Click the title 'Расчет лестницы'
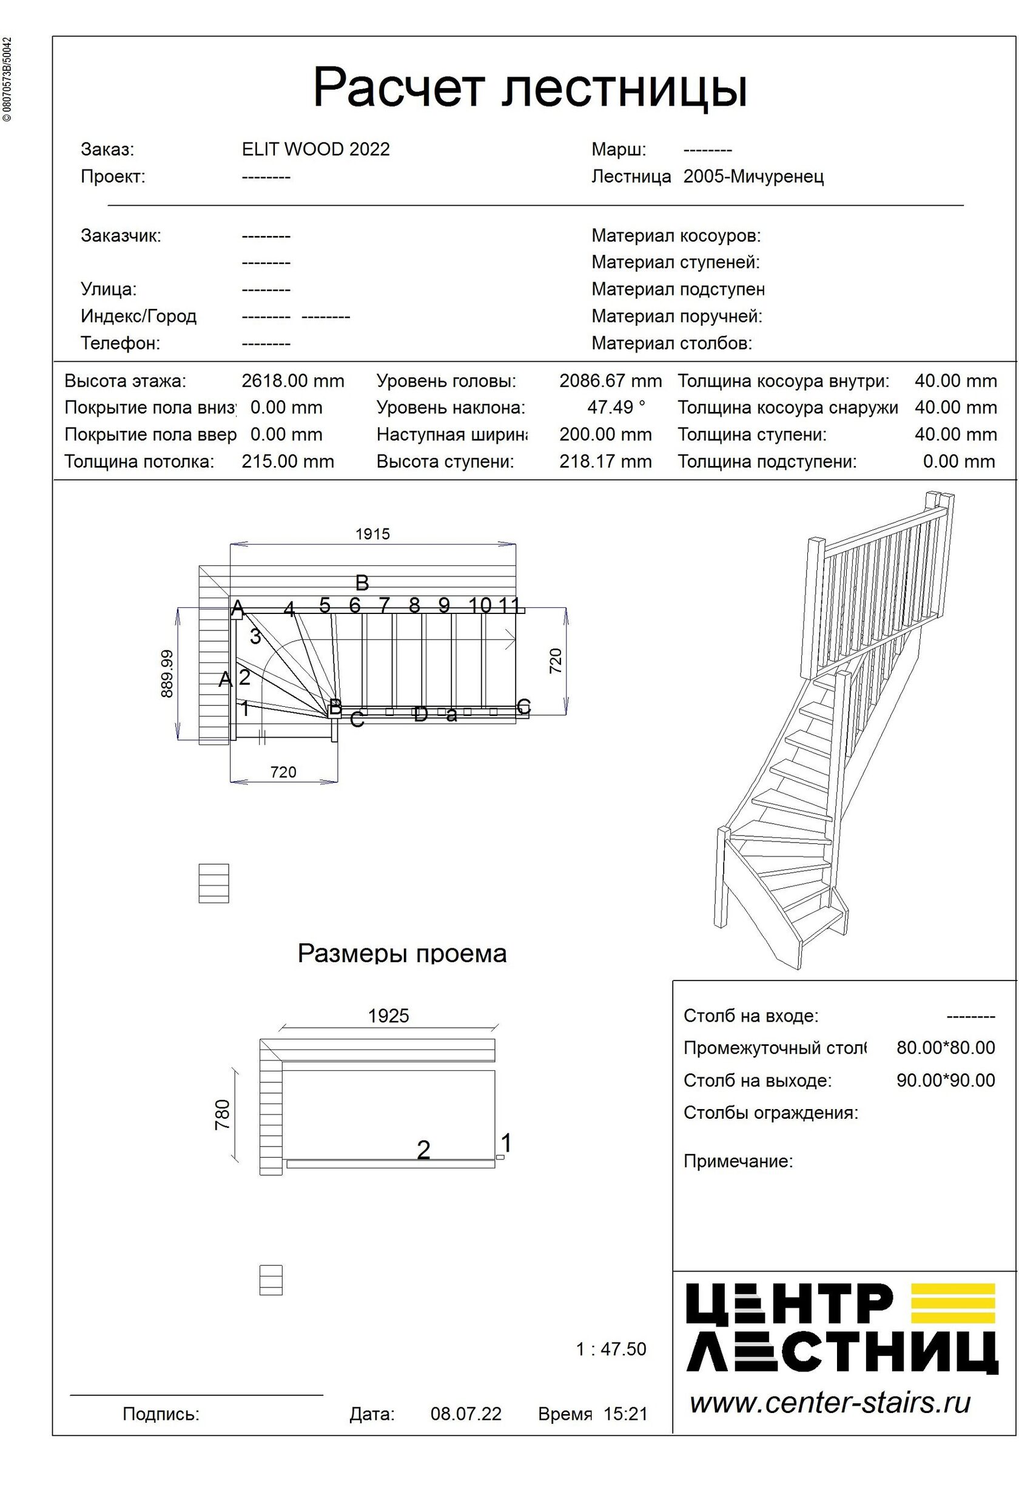point(530,87)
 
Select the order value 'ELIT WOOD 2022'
point(315,150)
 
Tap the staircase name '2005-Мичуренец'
point(753,177)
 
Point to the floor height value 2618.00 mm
point(292,382)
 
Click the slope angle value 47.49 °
point(616,408)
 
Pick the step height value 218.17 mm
point(605,462)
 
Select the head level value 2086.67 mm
point(610,382)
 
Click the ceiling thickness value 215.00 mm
point(288,462)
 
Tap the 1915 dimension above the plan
point(372,534)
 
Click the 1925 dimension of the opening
point(388,1016)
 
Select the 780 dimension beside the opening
point(222,1114)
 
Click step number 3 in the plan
point(255,636)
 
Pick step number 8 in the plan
point(414,605)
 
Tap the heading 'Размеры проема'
point(402,953)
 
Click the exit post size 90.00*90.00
point(945,1080)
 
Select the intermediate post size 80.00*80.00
point(945,1047)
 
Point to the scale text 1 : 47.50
point(611,1349)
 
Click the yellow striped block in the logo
point(952,1303)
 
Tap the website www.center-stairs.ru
point(830,1403)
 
